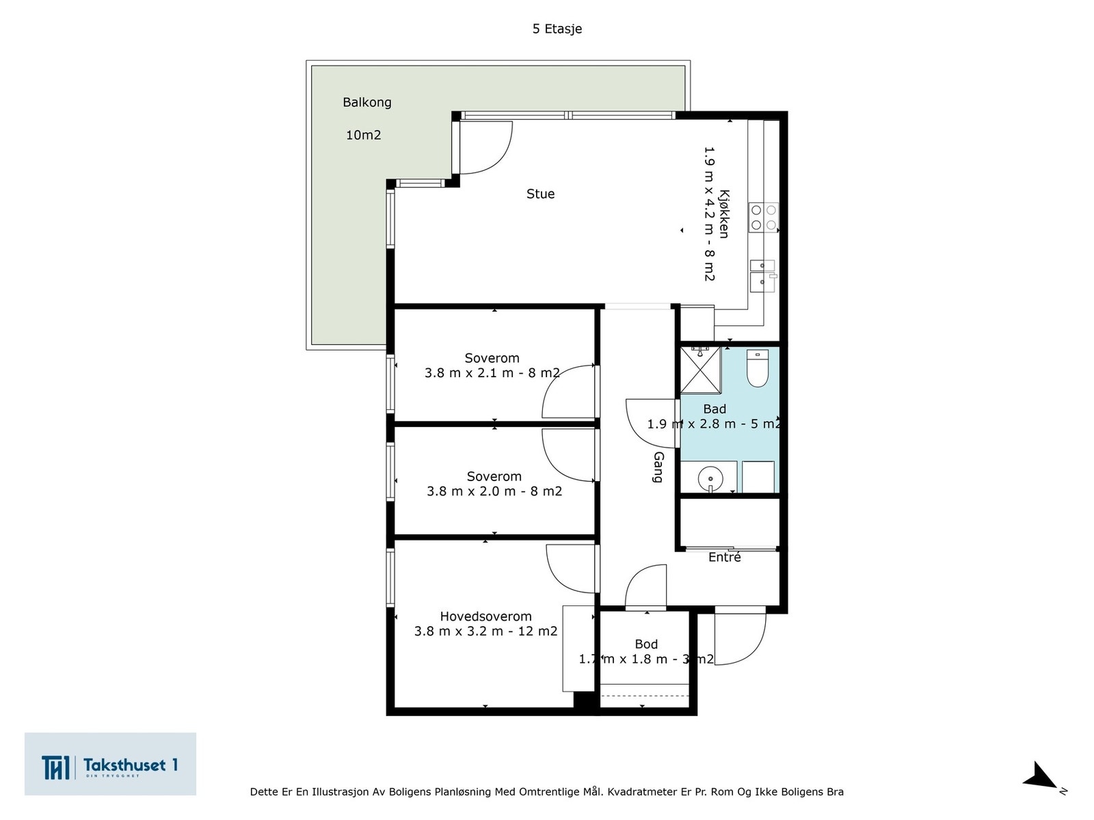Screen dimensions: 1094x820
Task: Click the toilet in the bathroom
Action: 757,368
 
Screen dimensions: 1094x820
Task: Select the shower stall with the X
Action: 700,370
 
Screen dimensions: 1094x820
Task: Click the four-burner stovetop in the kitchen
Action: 763,217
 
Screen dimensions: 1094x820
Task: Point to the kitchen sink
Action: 763,276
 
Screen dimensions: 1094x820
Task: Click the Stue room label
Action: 540,193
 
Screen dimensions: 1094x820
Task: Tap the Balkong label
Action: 366,102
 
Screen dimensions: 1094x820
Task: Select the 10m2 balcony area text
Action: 363,135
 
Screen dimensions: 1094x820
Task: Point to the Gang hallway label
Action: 658,467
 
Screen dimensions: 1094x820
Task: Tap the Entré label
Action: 724,557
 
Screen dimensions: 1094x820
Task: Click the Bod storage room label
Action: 646,644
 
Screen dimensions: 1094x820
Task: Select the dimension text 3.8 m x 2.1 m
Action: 469,373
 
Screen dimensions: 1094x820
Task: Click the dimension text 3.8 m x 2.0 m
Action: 471,491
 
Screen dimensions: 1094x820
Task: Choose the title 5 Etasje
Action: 557,29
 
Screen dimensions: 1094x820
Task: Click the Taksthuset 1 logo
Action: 110,763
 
